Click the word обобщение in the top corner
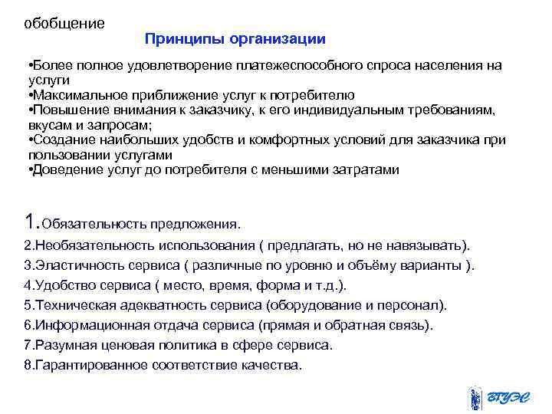point(64,23)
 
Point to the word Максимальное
point(75,95)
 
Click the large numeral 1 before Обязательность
point(31,222)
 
